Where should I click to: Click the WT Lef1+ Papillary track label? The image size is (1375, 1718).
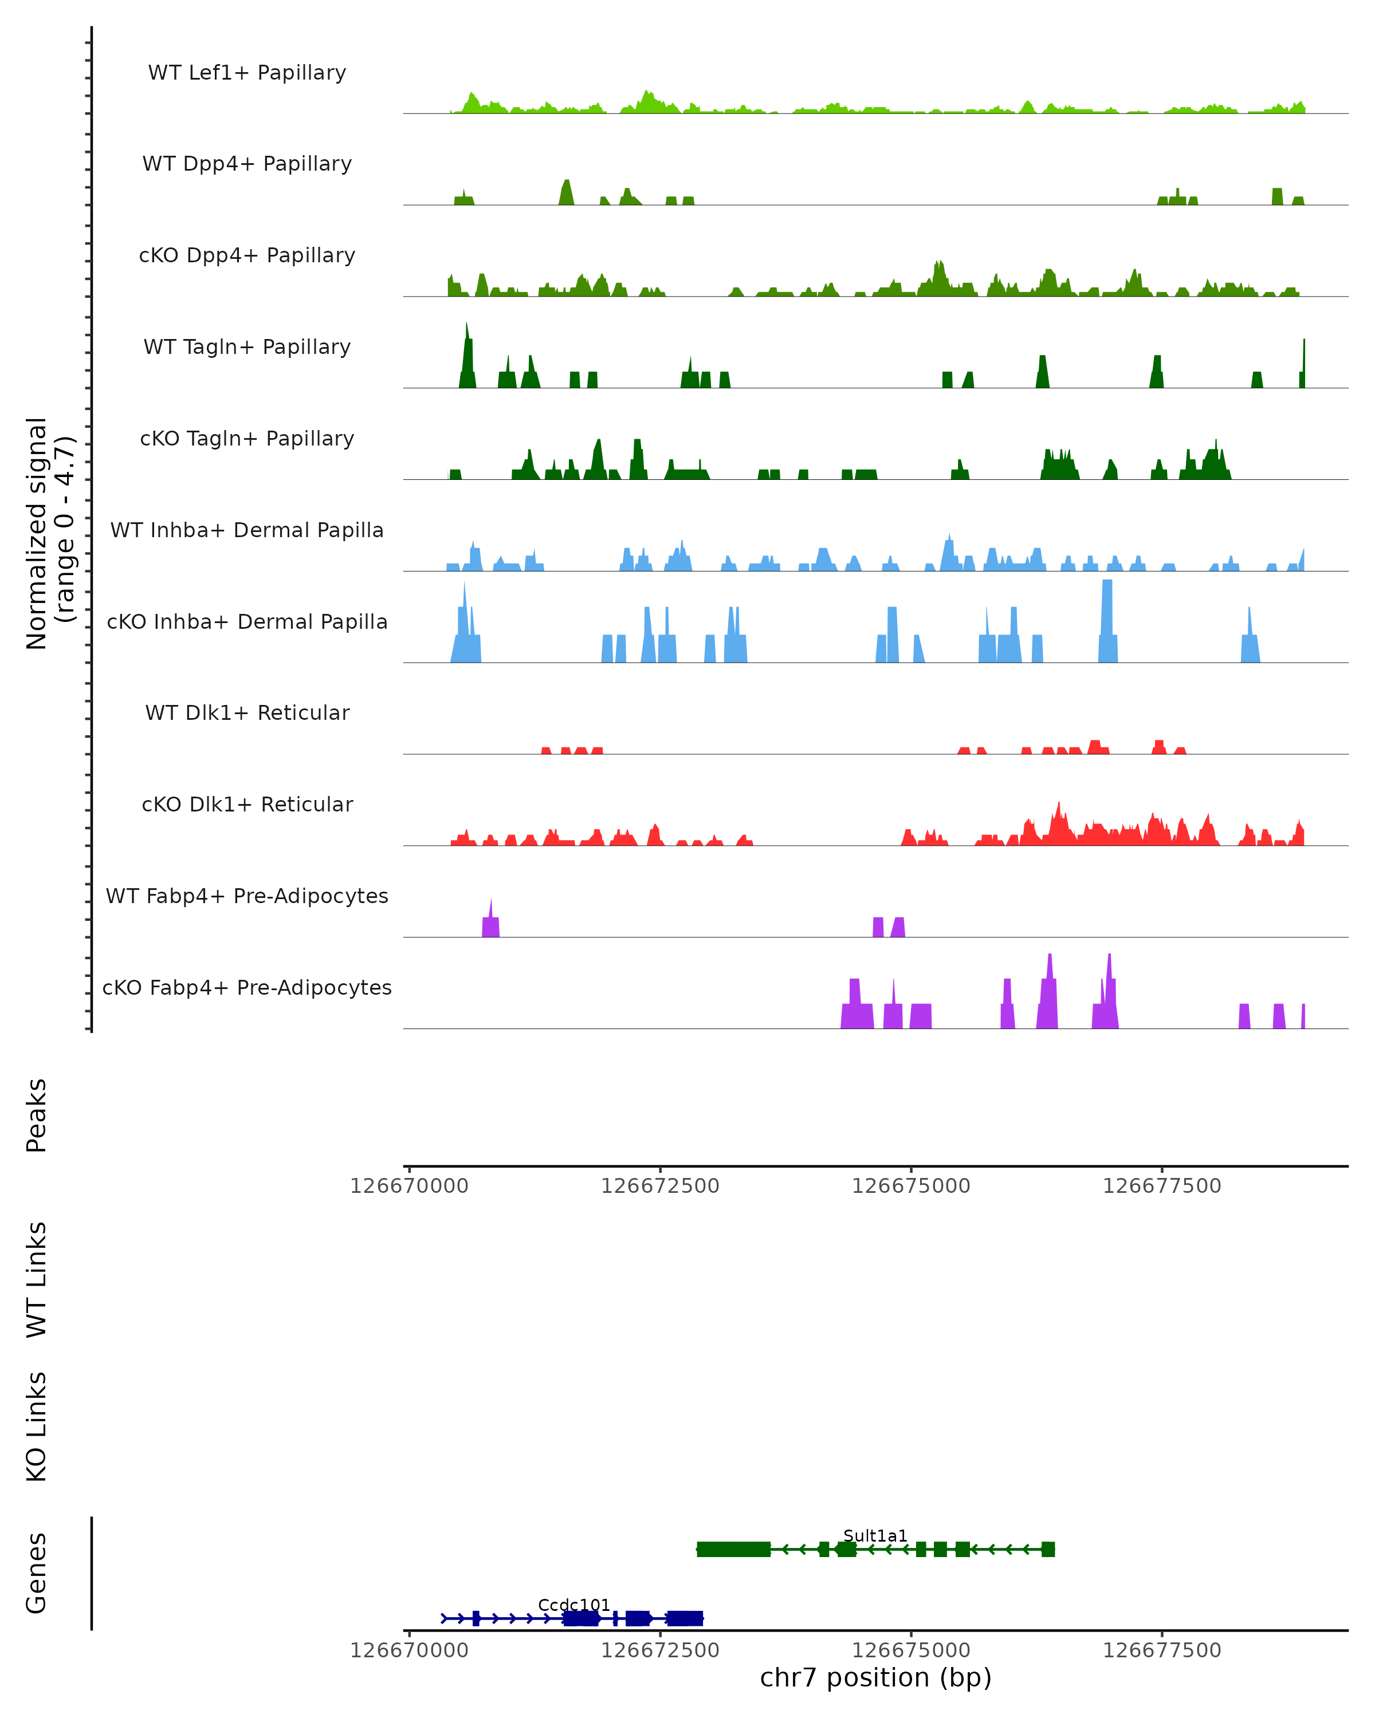(x=247, y=73)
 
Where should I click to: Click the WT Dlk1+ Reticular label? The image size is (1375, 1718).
(x=247, y=712)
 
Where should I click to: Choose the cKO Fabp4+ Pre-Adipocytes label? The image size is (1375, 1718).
(x=247, y=987)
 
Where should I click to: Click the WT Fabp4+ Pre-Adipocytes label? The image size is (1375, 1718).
(x=247, y=896)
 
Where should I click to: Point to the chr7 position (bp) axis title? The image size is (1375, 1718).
(x=875, y=1677)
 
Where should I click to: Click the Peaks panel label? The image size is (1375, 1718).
(x=37, y=1115)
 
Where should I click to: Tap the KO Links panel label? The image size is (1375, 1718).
(x=37, y=1427)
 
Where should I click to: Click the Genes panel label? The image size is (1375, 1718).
(x=37, y=1573)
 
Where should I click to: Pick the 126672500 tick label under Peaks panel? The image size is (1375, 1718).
(x=660, y=1186)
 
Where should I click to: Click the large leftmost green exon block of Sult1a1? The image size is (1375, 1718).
(x=733, y=1549)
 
